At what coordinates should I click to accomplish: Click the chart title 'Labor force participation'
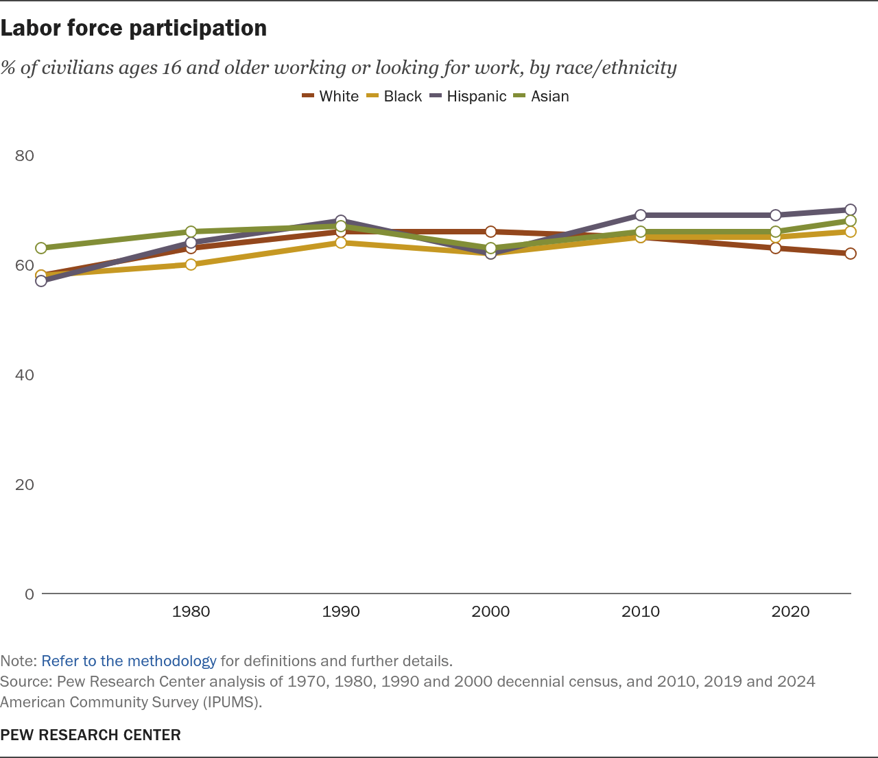pyautogui.click(x=134, y=28)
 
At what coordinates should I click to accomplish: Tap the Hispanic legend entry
pyautogui.click(x=468, y=96)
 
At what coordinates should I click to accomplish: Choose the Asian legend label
pyautogui.click(x=541, y=96)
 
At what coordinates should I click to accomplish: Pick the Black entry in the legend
pyautogui.click(x=394, y=96)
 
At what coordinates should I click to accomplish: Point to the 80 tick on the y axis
pyautogui.click(x=25, y=156)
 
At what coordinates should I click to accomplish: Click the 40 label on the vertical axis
pyautogui.click(x=25, y=375)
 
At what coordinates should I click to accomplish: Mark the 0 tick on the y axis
pyautogui.click(x=29, y=594)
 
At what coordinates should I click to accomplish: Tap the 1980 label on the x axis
pyautogui.click(x=191, y=611)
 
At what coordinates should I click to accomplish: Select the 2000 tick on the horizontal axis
pyautogui.click(x=490, y=611)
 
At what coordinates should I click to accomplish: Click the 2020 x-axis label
pyautogui.click(x=790, y=611)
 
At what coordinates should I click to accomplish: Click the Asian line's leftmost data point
pyautogui.click(x=41, y=248)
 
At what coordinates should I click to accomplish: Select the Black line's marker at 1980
pyautogui.click(x=191, y=265)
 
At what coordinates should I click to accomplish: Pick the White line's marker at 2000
pyautogui.click(x=490, y=232)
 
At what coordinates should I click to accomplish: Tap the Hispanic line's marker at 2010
pyautogui.click(x=641, y=215)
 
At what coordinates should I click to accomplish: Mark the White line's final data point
pyautogui.click(x=851, y=254)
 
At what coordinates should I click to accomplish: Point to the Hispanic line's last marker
pyautogui.click(x=851, y=210)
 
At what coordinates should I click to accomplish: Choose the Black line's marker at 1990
pyautogui.click(x=341, y=243)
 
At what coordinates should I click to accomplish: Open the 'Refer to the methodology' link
pyautogui.click(x=129, y=661)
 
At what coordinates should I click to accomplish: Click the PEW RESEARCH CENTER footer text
pyautogui.click(x=91, y=735)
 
